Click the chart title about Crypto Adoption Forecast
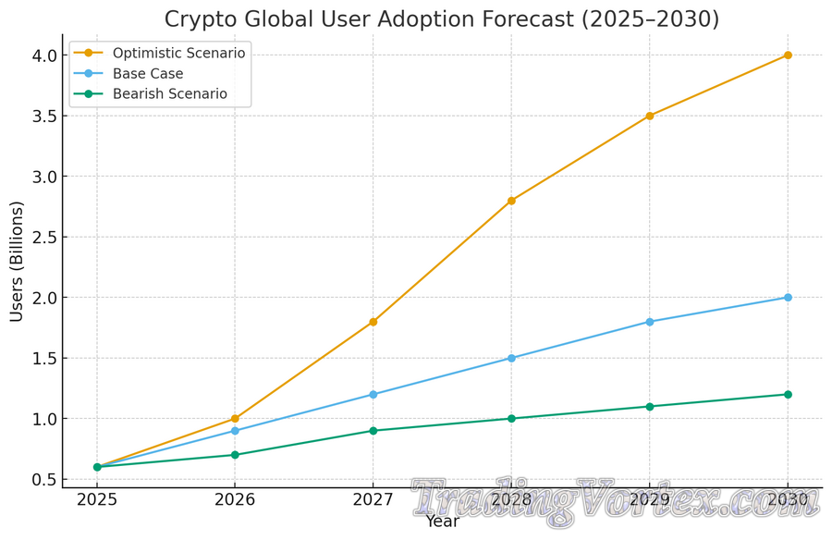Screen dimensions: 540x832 (x=442, y=19)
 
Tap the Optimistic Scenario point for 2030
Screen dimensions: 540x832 (x=788, y=55)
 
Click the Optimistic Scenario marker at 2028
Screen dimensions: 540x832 (x=511, y=201)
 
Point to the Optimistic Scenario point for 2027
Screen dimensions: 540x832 (x=373, y=322)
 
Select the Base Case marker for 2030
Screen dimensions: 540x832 (x=788, y=298)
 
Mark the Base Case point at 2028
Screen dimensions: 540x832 (x=511, y=358)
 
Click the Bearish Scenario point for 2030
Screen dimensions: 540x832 (x=788, y=395)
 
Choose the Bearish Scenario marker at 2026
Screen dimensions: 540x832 (x=235, y=455)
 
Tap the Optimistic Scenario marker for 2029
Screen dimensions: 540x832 (x=650, y=116)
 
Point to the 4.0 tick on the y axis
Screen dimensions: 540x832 (x=43, y=55)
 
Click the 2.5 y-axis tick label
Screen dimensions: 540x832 (x=43, y=238)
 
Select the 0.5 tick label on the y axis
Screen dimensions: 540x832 (x=43, y=480)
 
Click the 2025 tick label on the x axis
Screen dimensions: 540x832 (x=97, y=500)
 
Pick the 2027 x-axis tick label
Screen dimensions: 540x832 (x=373, y=500)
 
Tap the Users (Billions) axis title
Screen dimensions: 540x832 (x=17, y=262)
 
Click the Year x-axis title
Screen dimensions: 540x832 (x=442, y=522)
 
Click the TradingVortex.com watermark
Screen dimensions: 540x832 (x=616, y=502)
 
